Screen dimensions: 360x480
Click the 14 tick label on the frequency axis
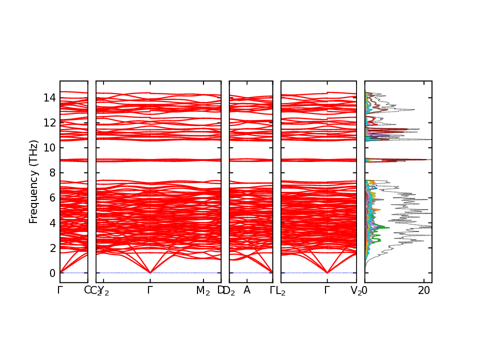pos(49,97)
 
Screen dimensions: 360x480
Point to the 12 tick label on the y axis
pos(49,122)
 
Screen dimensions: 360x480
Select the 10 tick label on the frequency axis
pos(49,147)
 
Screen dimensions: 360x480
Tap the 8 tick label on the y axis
pos(51,172)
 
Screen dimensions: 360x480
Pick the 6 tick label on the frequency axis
pos(51,197)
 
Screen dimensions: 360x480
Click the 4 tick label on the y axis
pos(51,223)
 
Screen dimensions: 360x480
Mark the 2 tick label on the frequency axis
pos(51,248)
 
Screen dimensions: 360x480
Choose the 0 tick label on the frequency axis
pos(51,273)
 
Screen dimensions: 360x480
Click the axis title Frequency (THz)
pos(33,181)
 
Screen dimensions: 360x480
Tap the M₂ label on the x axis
pos(202,290)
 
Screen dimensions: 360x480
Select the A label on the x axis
pos(246,290)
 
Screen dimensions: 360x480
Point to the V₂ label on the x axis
pos(356,291)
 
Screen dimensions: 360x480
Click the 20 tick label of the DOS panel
pos(424,290)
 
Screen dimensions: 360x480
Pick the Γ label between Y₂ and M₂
pos(150,290)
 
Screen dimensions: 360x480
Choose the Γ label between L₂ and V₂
pos(327,290)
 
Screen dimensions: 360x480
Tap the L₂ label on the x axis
pos(280,291)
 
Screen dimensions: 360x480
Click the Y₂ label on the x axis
pos(103,291)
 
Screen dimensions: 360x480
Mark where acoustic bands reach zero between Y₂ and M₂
pos(150,272)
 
